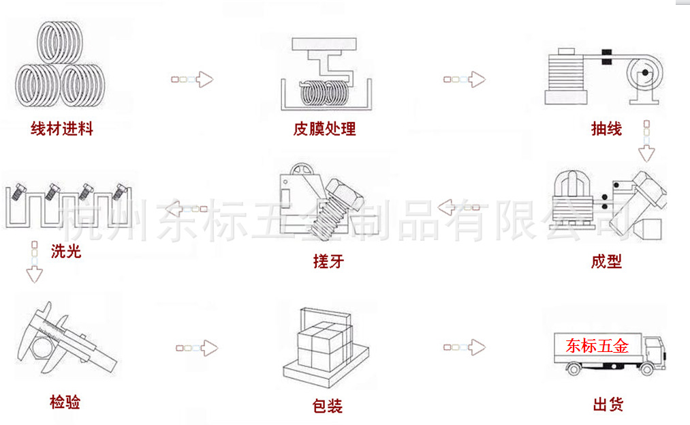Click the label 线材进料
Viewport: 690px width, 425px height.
pos(61,129)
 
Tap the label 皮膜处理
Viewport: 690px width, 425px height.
pos(324,129)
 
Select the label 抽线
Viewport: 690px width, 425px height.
pos(606,129)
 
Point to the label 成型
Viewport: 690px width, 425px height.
pos(606,261)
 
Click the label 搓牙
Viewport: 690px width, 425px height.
pos(328,261)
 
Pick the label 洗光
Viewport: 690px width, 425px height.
pos(66,252)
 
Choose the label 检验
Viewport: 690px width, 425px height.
pos(65,402)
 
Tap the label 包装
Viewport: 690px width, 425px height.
pos(327,407)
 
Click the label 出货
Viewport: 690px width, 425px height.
pos(608,405)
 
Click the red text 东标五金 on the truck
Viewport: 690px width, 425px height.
pos(597,346)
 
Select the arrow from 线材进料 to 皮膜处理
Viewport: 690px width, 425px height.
pos(191,79)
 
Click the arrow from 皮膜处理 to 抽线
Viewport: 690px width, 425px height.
pos(464,79)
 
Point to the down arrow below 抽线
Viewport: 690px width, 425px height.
pos(646,141)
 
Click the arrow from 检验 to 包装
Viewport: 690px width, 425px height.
pos(196,348)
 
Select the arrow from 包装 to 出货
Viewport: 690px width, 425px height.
pos(464,347)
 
